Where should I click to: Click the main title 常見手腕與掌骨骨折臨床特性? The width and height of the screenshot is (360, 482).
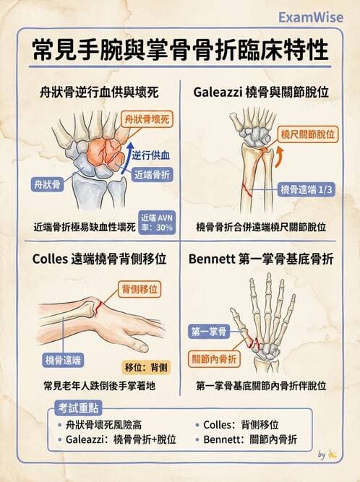(x=180, y=51)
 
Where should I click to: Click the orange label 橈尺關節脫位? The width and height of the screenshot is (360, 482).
(x=308, y=134)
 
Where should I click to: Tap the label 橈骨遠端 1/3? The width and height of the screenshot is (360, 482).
(x=307, y=189)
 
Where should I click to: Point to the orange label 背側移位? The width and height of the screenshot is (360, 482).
(x=139, y=289)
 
